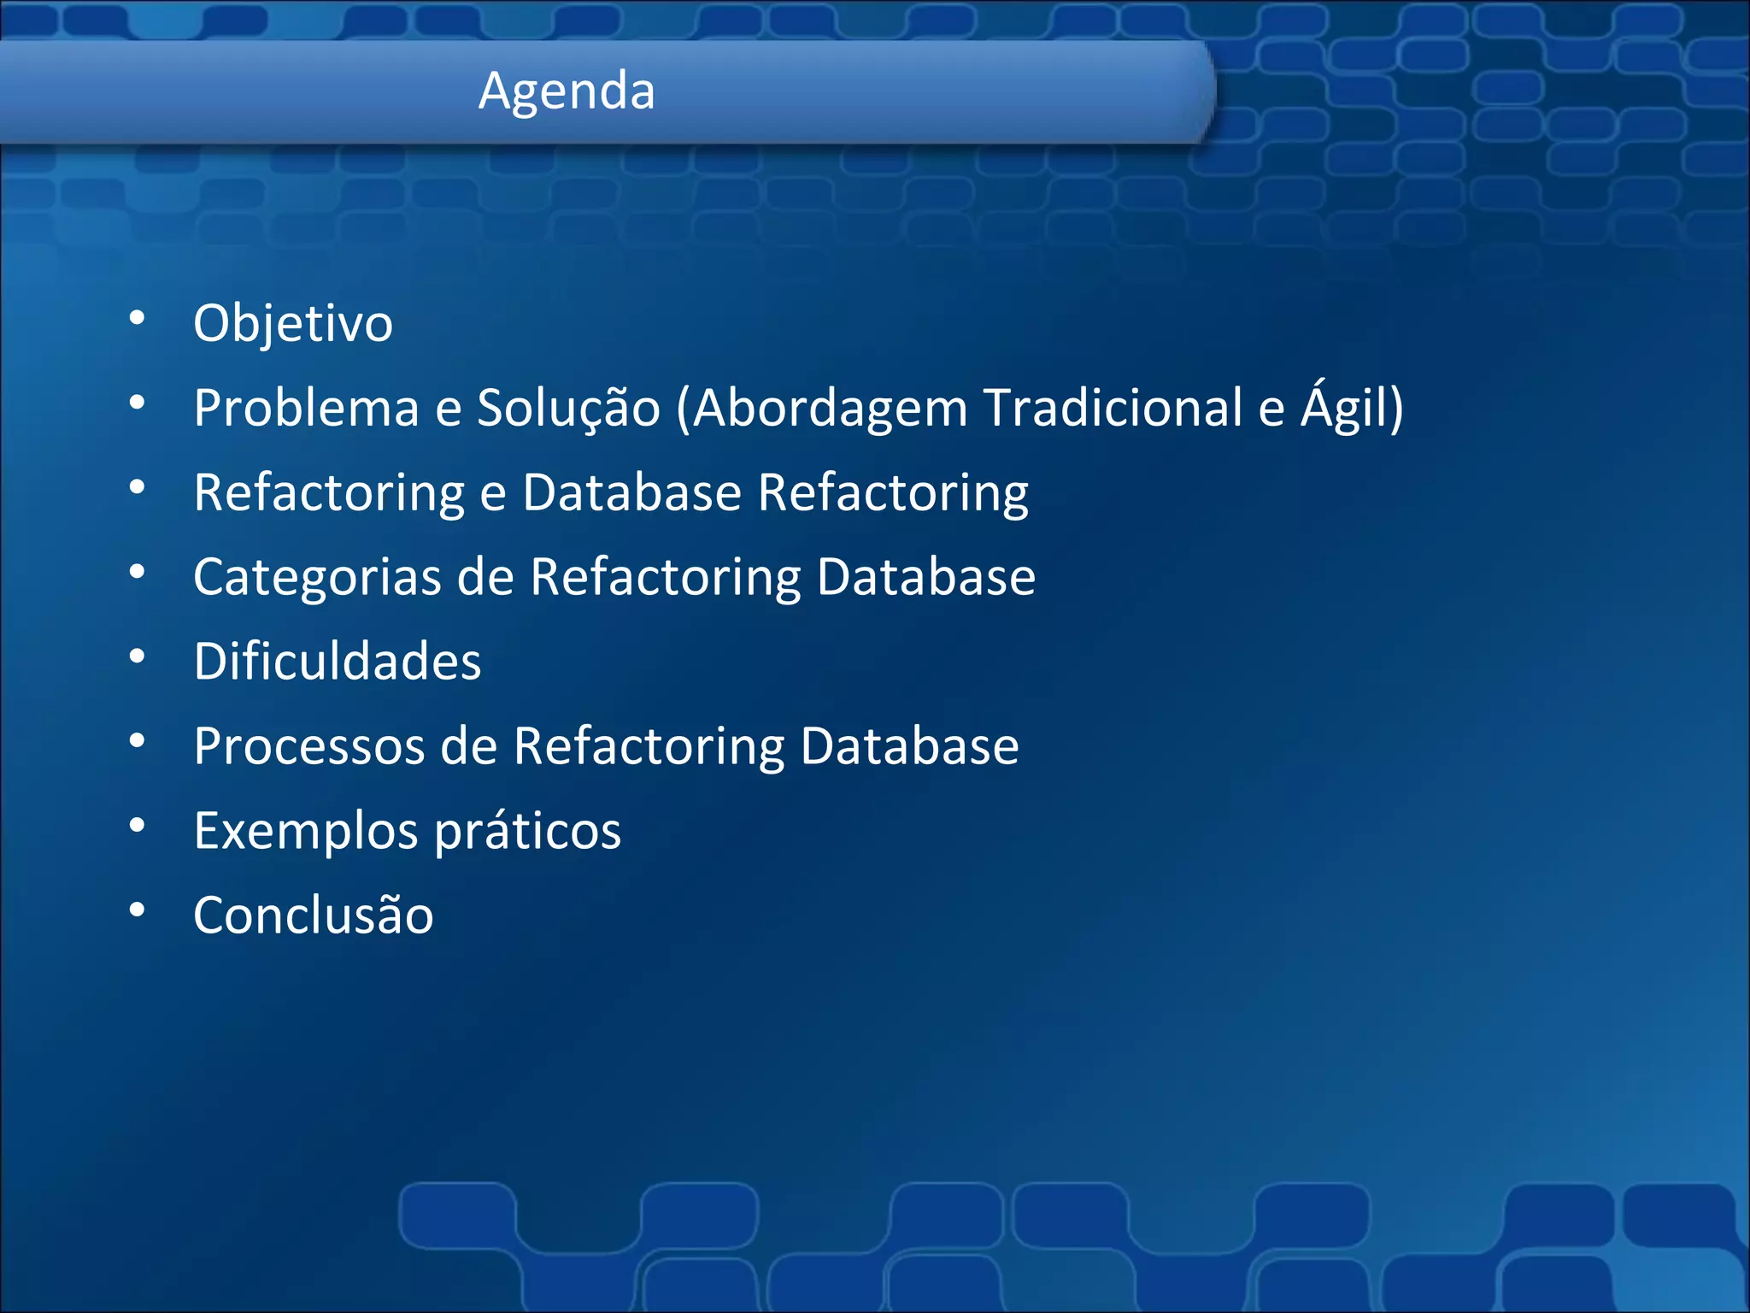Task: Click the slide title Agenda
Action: pos(567,91)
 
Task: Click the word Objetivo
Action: pos(293,324)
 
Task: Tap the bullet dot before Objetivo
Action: pos(137,319)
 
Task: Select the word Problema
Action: pos(306,408)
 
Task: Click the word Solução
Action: pos(568,408)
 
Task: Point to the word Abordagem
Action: pos(829,408)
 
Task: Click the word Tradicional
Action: pos(1113,408)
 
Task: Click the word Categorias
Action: pos(317,578)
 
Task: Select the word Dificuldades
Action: pos(338,662)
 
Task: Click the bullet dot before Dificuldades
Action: pos(137,657)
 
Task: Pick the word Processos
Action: pos(308,746)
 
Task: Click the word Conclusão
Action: pos(314,916)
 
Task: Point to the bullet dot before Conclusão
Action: pos(137,911)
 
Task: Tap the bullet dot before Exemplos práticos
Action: pos(137,827)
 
